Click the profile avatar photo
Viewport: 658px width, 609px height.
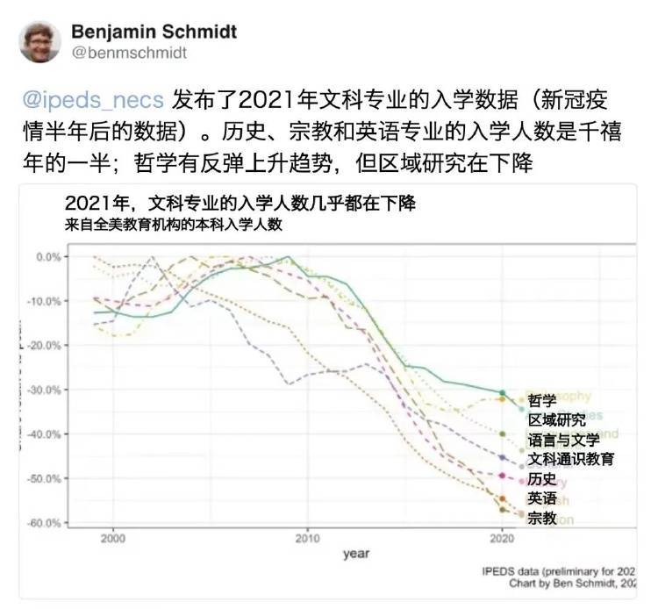pyautogui.click(x=39, y=41)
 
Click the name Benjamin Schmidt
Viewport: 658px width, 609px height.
pyautogui.click(x=154, y=32)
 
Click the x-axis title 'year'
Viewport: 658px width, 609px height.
pyautogui.click(x=355, y=555)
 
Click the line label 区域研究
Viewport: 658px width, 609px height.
pyautogui.click(x=556, y=420)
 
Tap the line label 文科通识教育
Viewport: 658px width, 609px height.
pyautogui.click(x=570, y=459)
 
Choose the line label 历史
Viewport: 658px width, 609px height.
pyautogui.click(x=542, y=479)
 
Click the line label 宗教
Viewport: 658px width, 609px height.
pyautogui.click(x=542, y=518)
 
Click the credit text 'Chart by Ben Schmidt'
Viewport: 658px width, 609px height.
pyautogui.click(x=573, y=582)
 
